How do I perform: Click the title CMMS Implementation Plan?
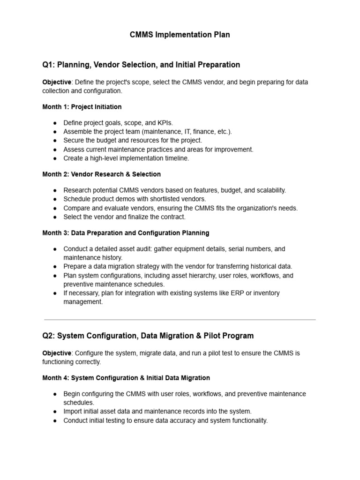pyautogui.click(x=180, y=35)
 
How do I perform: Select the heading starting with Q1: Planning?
pyautogui.click(x=141, y=65)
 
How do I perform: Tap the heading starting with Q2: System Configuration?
pyautogui.click(x=148, y=336)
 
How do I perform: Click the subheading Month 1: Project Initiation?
pyautogui.click(x=82, y=107)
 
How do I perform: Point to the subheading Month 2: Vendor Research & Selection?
pyautogui.click(x=101, y=174)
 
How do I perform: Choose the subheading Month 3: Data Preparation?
pyautogui.click(x=126, y=232)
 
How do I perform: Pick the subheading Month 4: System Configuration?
pyautogui.click(x=126, y=377)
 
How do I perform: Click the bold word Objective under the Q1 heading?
pyautogui.click(x=57, y=82)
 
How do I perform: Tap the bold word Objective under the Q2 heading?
pyautogui.click(x=57, y=353)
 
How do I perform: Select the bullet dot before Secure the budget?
pyautogui.click(x=55, y=141)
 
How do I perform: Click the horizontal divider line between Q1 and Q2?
pyautogui.click(x=180, y=320)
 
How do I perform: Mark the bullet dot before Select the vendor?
pyautogui.click(x=55, y=217)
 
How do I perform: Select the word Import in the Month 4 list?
pyautogui.click(x=73, y=412)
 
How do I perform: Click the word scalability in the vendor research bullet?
pyautogui.click(x=269, y=190)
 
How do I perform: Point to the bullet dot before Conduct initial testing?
pyautogui.click(x=55, y=420)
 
